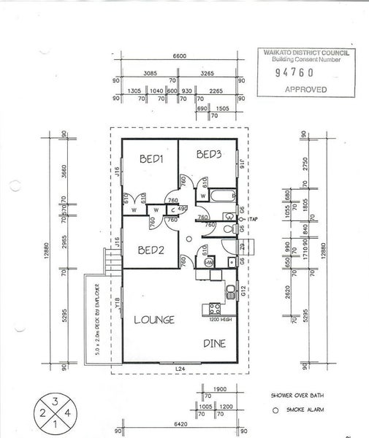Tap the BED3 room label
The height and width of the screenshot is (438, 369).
[209, 154]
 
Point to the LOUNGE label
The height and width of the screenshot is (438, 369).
[154, 319]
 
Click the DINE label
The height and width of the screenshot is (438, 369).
[213, 342]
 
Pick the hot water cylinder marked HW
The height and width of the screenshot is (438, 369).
[209, 263]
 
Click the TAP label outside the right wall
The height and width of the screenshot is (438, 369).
[254, 219]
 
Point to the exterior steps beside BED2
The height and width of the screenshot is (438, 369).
[112, 258]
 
